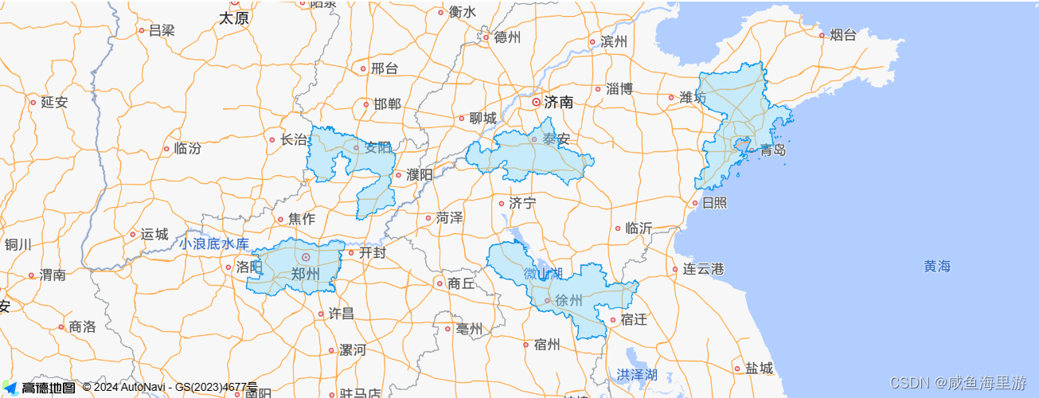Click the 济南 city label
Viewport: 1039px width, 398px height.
(x=559, y=102)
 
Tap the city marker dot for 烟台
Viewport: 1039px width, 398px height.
(x=822, y=35)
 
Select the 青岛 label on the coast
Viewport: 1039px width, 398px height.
(x=772, y=150)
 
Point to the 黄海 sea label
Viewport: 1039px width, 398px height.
(x=937, y=267)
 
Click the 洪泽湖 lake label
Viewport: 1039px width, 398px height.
(x=637, y=374)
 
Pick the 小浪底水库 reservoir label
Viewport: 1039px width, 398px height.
(x=213, y=244)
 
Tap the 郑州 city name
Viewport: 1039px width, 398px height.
(x=305, y=274)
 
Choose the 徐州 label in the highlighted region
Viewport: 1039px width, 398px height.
(x=568, y=301)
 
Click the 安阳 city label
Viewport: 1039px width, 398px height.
(x=378, y=147)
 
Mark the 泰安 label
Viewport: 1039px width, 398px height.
(x=557, y=139)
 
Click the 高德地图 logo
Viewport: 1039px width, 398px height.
(x=40, y=388)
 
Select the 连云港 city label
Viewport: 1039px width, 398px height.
(x=703, y=269)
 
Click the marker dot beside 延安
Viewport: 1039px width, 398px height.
(x=33, y=102)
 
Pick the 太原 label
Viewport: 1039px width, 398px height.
(x=234, y=18)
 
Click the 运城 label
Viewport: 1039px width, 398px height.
(x=154, y=234)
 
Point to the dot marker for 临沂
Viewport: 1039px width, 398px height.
(x=618, y=228)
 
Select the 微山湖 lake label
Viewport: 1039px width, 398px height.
(x=543, y=274)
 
